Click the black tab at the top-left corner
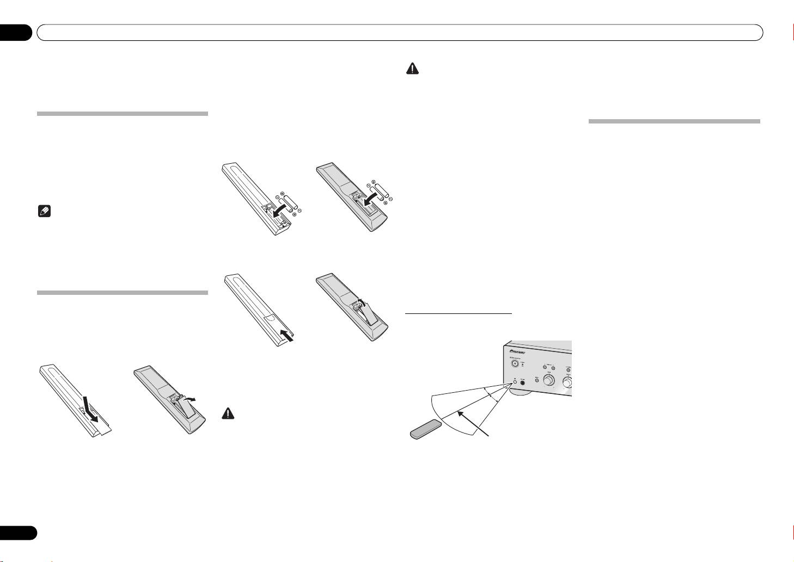tap(16, 32)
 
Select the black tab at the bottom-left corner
tap(17, 532)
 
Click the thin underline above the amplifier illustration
tap(459, 313)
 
